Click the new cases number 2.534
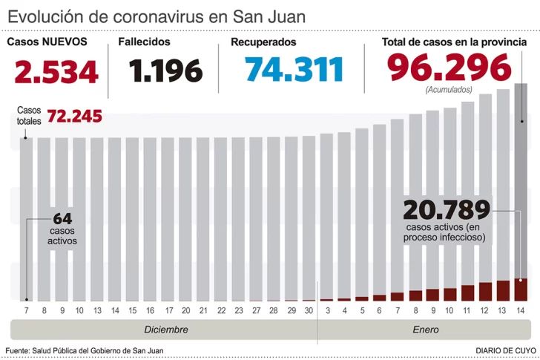(56, 71)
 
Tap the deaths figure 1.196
(165, 71)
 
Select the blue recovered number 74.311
(294, 70)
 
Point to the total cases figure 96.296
(450, 68)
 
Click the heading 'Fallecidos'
(145, 42)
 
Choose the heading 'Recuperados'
(263, 42)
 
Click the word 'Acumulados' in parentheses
(450, 90)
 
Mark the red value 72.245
(74, 117)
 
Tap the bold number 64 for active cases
(62, 218)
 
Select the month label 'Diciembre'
(165, 330)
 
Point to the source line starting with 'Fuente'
(85, 350)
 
